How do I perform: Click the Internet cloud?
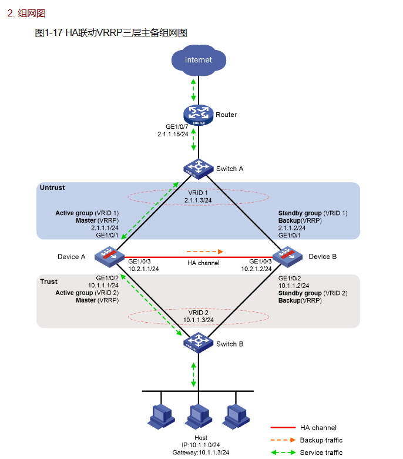pos(199,60)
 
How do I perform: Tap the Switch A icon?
pos(198,168)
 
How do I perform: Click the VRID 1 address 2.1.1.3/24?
pos(198,200)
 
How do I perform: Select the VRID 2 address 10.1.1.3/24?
pos(198,320)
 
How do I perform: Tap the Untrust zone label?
pos(52,188)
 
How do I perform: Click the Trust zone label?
pos(49,282)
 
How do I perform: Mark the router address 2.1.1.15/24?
pos(173,134)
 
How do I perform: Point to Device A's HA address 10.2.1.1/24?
pos(145,268)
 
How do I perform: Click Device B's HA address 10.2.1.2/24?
pos(256,268)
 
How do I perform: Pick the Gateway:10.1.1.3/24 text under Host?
pos(201,453)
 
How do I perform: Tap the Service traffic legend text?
pos(321,453)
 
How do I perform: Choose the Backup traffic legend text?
pos(321,440)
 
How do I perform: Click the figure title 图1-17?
pos(49,33)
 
